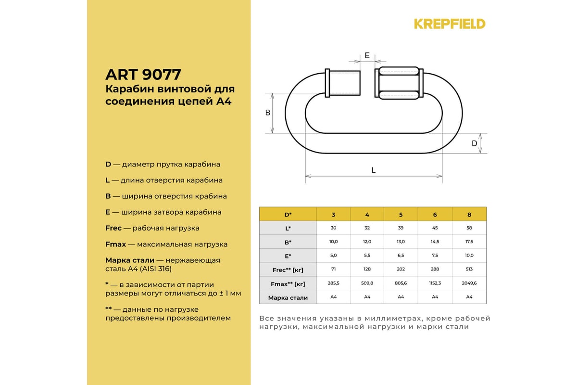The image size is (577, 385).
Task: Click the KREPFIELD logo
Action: click(x=450, y=24)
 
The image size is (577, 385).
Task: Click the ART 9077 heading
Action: click(x=143, y=75)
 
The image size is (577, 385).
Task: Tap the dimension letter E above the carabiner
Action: click(x=367, y=55)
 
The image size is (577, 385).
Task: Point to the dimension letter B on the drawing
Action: click(x=268, y=113)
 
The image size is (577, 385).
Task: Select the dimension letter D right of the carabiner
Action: click(x=474, y=143)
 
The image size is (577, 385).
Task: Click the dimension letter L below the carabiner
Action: click(x=373, y=170)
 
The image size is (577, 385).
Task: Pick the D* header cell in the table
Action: click(x=288, y=214)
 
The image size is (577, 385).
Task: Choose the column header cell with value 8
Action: click(x=469, y=214)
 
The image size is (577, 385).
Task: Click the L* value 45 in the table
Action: click(x=435, y=228)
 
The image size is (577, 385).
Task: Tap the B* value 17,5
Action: click(x=469, y=242)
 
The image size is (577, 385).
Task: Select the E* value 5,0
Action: click(x=333, y=256)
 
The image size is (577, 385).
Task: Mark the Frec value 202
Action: click(x=401, y=269)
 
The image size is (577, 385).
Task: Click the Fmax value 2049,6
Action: click(x=469, y=283)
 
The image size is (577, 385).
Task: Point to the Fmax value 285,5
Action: click(x=333, y=283)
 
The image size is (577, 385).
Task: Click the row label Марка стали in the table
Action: click(x=288, y=297)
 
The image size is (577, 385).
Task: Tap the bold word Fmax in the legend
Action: click(x=115, y=244)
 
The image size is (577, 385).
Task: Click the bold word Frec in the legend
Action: click(x=114, y=228)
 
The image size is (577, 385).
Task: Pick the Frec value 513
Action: click(x=469, y=269)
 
